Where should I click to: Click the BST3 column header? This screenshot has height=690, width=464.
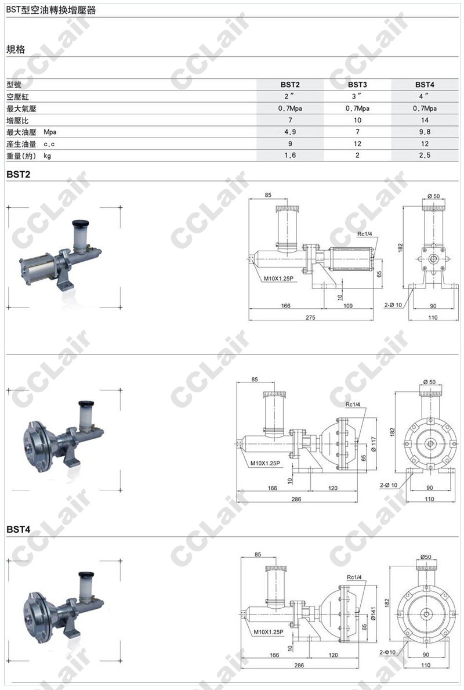(x=357, y=84)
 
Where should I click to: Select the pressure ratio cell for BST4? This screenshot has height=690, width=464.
(x=425, y=120)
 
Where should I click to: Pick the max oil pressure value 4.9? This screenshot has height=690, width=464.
(x=290, y=132)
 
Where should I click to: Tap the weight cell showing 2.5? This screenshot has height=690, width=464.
(x=425, y=156)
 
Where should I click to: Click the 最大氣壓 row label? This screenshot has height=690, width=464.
(x=21, y=109)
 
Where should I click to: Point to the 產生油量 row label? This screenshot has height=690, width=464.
(x=21, y=144)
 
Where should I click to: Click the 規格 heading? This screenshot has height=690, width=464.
(x=16, y=49)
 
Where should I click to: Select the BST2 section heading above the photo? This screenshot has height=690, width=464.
(x=19, y=174)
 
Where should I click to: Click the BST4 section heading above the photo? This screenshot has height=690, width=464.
(x=19, y=529)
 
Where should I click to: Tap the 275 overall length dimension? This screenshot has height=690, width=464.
(x=310, y=317)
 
